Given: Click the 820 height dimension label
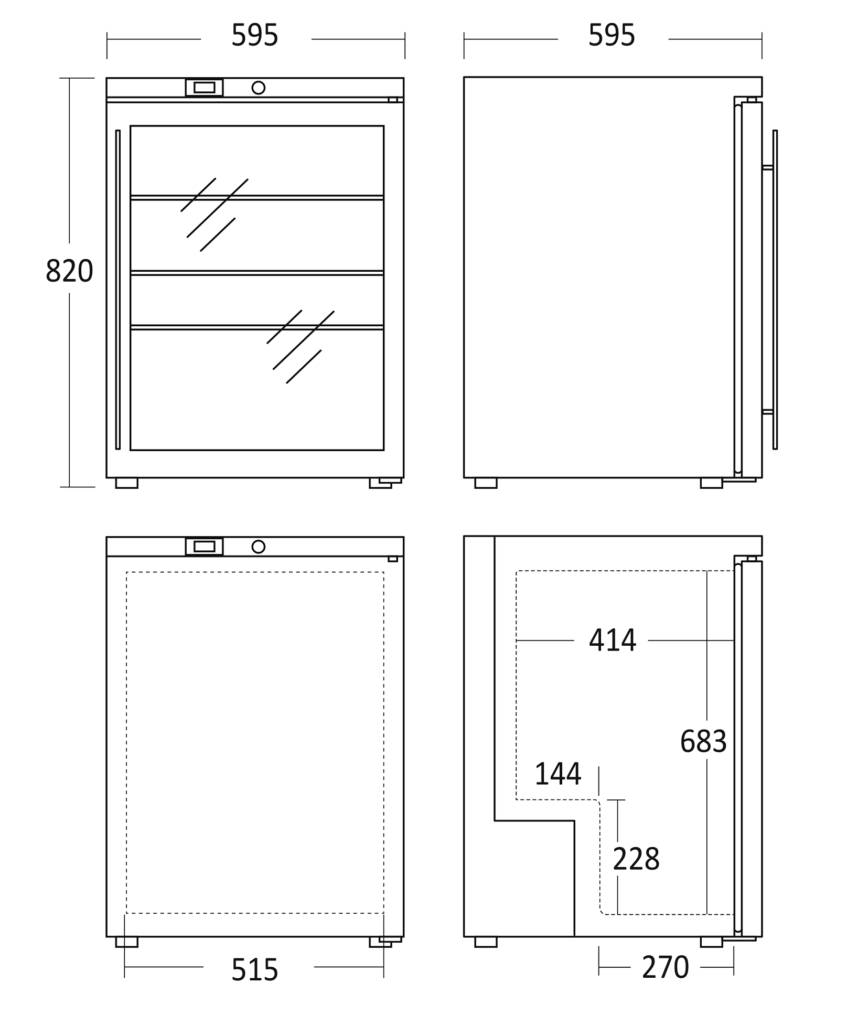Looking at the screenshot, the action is (69, 271).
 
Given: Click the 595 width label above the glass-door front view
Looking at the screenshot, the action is (255, 36).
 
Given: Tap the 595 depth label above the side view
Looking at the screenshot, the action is (612, 36).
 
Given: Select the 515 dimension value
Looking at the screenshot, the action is (255, 969).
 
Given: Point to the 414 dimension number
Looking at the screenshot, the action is (613, 640).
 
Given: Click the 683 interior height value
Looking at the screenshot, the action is (703, 742).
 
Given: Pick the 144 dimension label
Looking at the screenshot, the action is (558, 774).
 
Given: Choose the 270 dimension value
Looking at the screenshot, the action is (666, 967).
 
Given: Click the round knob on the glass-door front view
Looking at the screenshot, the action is (258, 88).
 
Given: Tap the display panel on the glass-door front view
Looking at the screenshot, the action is (204, 88).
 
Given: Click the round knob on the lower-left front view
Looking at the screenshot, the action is (258, 547).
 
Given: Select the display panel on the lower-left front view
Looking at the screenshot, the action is (204, 547).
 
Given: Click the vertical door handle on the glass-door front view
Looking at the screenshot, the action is (118, 290).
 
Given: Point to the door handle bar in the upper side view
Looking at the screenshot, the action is (775, 290).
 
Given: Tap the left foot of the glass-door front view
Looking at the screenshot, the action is (126, 483).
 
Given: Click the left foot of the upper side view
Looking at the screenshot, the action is (486, 483).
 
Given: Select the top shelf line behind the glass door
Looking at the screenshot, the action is (257, 198).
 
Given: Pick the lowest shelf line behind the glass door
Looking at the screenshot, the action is (257, 327).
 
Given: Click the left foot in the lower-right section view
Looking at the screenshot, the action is (486, 942).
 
